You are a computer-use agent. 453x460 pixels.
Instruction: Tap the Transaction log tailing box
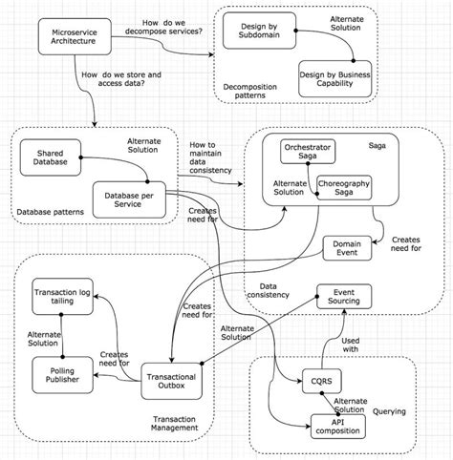63,298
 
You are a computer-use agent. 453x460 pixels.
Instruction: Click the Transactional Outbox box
174,382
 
